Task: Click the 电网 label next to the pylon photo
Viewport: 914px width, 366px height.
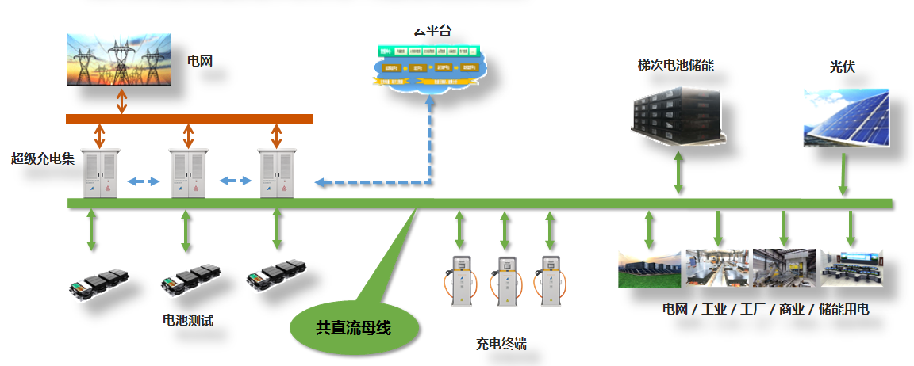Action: coord(199,60)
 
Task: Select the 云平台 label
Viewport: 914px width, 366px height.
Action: coord(432,31)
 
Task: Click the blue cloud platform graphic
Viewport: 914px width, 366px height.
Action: coord(429,67)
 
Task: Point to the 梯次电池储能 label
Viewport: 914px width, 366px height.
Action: coord(675,66)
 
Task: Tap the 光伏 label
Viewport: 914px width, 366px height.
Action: coord(843,67)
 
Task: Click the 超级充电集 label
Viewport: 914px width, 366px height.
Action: coord(43,158)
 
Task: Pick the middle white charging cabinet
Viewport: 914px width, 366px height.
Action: coord(189,174)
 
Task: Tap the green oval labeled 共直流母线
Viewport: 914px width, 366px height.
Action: coord(353,326)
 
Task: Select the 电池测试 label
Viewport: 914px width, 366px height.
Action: coord(187,321)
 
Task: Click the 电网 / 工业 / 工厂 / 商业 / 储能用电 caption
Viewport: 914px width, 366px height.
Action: coord(765,309)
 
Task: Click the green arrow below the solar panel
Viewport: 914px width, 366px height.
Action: coord(843,174)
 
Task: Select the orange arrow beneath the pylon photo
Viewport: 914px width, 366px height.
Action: coord(121,101)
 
